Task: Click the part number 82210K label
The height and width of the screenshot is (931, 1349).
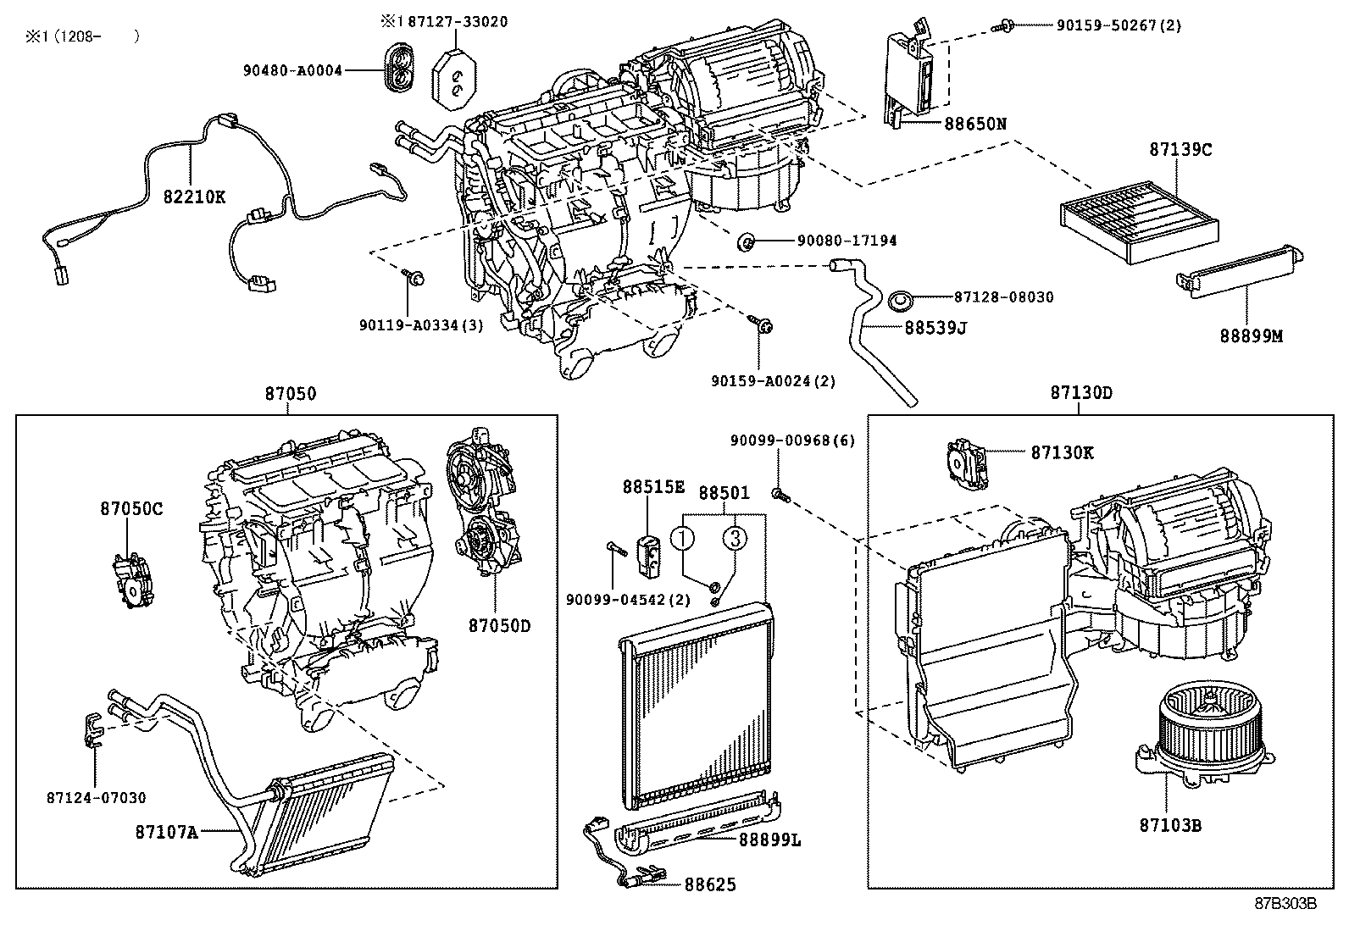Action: [194, 197]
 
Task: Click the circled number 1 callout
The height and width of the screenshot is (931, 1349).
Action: [684, 537]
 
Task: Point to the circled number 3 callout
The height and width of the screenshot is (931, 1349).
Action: [735, 537]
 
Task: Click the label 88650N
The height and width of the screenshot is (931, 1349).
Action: [975, 123]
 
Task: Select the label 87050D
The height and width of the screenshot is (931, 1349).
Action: [498, 626]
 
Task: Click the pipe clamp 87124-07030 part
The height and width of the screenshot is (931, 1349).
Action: [95, 729]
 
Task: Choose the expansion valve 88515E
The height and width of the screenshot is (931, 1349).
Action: [649, 548]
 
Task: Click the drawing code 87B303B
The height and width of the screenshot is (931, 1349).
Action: [1285, 903]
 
